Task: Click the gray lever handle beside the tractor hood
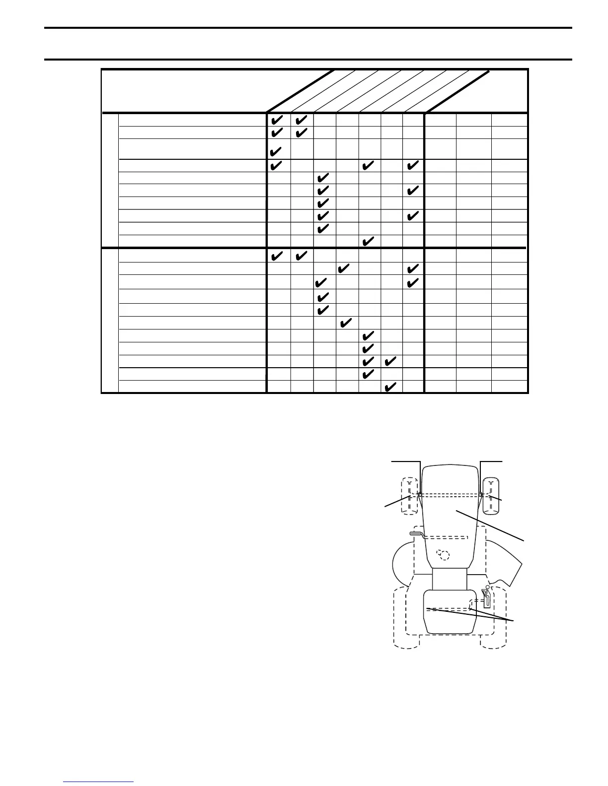pos(415,533)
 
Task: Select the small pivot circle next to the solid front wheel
pos(481,494)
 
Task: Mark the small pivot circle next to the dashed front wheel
pos(420,494)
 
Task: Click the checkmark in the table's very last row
pos(390,387)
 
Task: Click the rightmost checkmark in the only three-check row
pos(413,165)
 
